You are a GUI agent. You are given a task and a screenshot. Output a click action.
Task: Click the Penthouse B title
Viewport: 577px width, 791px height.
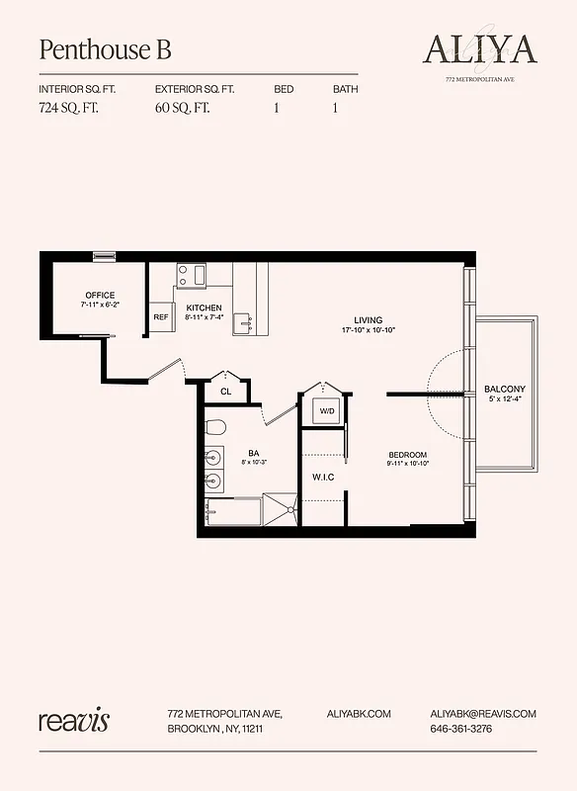(x=105, y=49)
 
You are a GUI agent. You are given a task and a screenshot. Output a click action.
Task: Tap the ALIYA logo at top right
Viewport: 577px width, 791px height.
(x=479, y=48)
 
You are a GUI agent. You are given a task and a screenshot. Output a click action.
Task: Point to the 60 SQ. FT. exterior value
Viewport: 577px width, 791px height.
(x=184, y=109)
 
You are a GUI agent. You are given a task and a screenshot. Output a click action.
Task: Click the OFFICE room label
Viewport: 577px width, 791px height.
(x=99, y=296)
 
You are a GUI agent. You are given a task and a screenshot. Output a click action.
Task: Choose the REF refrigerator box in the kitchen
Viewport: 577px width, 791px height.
(x=161, y=317)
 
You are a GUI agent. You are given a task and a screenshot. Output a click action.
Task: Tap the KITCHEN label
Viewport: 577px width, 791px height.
(x=204, y=308)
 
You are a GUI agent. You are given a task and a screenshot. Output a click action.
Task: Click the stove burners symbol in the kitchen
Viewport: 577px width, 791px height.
(x=191, y=274)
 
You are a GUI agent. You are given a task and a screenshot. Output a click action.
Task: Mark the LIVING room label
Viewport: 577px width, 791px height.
(x=368, y=319)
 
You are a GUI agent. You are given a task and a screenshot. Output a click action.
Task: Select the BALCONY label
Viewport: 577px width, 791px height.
(x=504, y=389)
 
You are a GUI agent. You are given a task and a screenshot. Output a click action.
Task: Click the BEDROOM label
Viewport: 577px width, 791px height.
(x=407, y=455)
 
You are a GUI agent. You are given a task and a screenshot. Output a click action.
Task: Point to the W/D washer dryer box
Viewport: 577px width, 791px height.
(x=326, y=410)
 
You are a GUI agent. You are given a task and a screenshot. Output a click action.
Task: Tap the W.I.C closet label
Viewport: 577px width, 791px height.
(x=323, y=478)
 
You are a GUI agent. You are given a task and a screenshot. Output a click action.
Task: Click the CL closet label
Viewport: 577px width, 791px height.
(x=225, y=392)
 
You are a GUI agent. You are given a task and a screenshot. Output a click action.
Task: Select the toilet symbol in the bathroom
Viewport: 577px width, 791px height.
(x=216, y=427)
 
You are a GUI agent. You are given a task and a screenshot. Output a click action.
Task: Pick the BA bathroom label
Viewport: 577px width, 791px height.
(x=253, y=454)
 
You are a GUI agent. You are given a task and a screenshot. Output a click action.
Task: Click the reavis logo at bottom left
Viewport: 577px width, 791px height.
(x=74, y=720)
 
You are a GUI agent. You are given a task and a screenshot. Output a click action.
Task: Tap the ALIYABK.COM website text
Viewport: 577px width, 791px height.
(x=359, y=713)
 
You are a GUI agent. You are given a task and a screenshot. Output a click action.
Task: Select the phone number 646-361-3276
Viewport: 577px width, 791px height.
(x=461, y=729)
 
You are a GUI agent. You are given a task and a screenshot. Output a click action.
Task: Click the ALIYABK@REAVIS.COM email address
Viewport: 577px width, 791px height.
(x=483, y=713)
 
